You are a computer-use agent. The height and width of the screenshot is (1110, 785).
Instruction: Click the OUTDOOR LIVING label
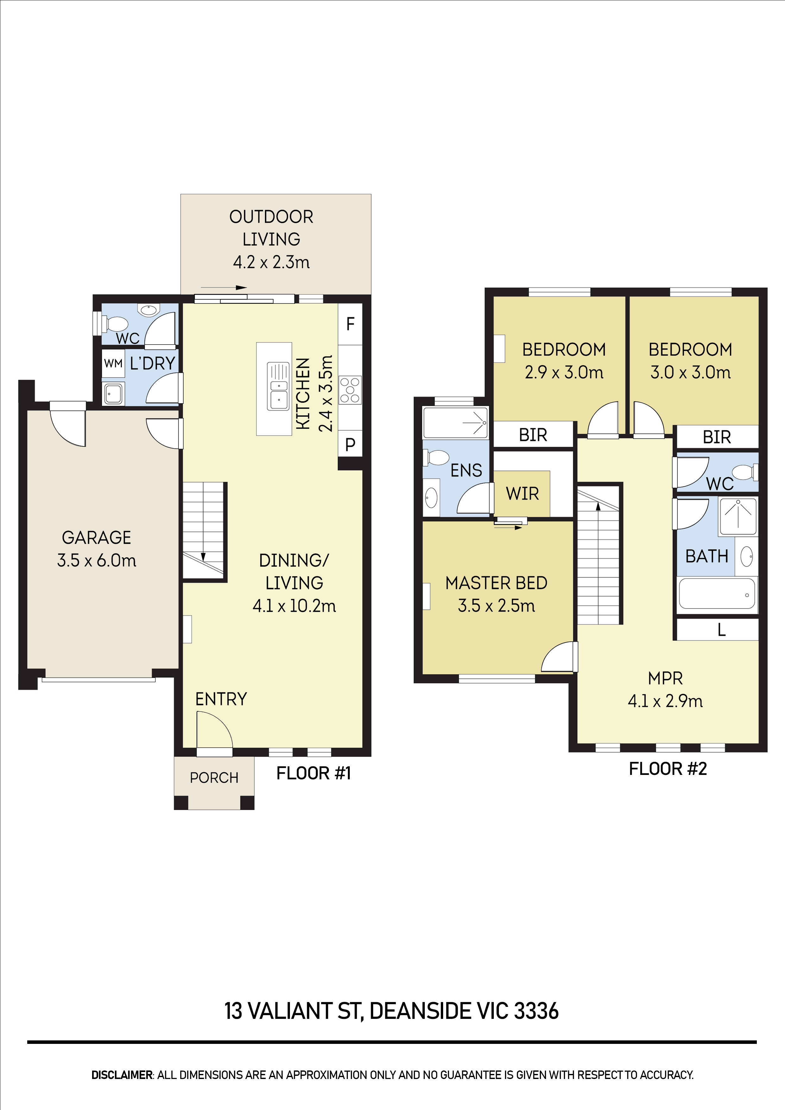click(271, 228)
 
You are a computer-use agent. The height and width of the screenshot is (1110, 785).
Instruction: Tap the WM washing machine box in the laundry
click(113, 363)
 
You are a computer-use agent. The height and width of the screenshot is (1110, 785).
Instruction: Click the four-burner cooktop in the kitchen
click(350, 390)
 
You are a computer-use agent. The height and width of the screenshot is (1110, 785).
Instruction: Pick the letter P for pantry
click(350, 444)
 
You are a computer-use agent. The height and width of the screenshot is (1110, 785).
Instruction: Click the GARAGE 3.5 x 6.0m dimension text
click(97, 560)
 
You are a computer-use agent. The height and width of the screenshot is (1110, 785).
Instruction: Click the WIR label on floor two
click(522, 494)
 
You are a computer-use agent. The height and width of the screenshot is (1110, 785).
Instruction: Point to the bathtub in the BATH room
click(717, 594)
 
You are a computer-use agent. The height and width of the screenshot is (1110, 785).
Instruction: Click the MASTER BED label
click(496, 583)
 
